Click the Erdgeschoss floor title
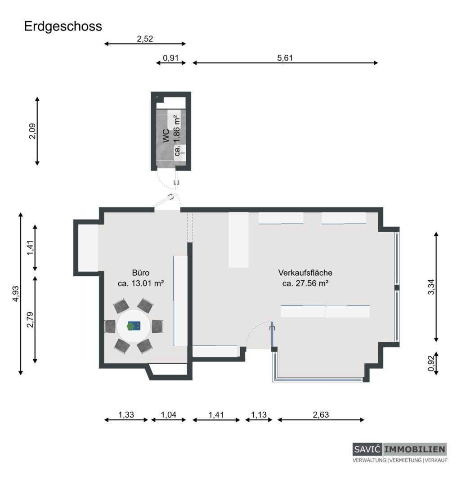(63, 26)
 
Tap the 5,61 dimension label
(285, 58)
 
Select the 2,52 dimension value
(145, 39)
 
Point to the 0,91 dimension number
(171, 58)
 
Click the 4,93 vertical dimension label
(15, 294)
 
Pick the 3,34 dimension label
(431, 287)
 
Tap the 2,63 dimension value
(321, 414)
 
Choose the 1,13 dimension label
(259, 414)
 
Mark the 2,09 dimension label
(32, 131)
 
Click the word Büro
(141, 273)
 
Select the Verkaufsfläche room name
(305, 273)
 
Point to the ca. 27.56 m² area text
(305, 283)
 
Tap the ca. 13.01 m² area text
(141, 283)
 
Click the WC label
(166, 136)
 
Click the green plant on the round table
(131, 326)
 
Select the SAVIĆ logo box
(367, 449)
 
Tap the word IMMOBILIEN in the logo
(415, 449)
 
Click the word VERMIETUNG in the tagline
(406, 460)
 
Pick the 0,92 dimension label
(431, 363)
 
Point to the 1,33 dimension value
(126, 414)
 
